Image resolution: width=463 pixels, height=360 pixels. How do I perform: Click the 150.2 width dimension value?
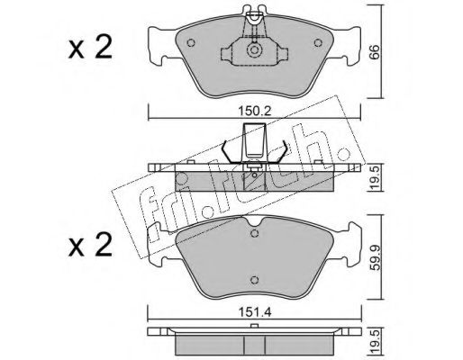[x=255, y=112]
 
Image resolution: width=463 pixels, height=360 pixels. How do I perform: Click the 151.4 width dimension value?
[x=255, y=312]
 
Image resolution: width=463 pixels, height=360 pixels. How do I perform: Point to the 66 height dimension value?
[x=375, y=53]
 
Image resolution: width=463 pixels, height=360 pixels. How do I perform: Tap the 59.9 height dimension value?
[x=375, y=257]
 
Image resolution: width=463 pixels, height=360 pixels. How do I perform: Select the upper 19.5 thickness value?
[x=375, y=177]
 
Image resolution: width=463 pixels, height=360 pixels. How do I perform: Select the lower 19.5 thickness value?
[x=375, y=342]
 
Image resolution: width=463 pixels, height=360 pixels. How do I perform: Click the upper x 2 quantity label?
[x=90, y=47]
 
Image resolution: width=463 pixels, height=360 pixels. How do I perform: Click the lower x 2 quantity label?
[x=90, y=246]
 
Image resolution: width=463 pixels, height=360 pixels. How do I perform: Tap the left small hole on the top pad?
[x=191, y=43]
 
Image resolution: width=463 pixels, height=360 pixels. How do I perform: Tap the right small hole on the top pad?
[x=318, y=43]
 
